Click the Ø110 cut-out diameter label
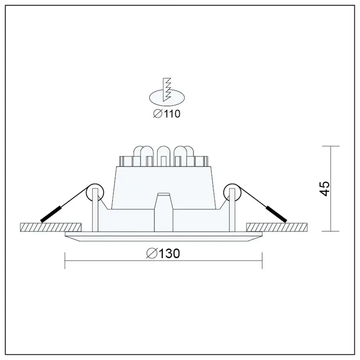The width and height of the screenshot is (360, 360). (166, 114)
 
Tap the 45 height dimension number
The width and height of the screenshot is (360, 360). (323, 188)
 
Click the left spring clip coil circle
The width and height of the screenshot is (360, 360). (94, 192)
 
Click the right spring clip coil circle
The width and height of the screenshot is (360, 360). (231, 192)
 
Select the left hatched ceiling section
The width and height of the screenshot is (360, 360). (50, 227)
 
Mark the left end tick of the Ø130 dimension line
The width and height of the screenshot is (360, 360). (64, 260)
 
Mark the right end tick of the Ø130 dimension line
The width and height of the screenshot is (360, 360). (261, 260)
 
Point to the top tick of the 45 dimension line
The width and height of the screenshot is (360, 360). (330, 146)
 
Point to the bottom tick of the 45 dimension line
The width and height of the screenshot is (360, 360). (330, 231)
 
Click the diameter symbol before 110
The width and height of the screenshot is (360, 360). (157, 114)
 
